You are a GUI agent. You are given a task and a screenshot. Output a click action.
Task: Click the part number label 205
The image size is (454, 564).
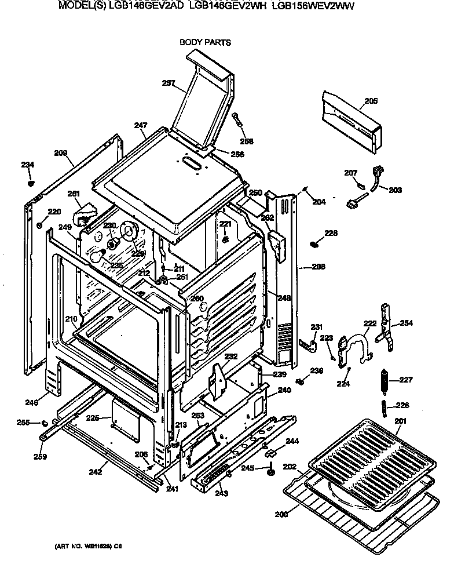[x=371, y=101]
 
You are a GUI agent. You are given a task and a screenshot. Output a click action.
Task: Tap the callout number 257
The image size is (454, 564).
[x=169, y=83]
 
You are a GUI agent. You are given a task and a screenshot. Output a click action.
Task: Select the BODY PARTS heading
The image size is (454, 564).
[x=205, y=42]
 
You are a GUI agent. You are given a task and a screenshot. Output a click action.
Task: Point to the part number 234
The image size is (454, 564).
[x=28, y=165]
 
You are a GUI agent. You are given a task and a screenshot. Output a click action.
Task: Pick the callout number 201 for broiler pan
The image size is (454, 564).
[x=401, y=421]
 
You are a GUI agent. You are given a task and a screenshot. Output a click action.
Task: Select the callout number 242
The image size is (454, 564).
[x=96, y=472]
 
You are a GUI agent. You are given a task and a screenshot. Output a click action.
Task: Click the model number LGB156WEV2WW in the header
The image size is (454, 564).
[x=313, y=6]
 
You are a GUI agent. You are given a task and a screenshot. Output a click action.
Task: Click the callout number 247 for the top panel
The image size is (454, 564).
[x=141, y=125]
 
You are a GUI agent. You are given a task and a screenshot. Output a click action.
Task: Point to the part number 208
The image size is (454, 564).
[x=318, y=267]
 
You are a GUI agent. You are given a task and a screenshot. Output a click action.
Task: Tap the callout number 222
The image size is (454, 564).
[x=369, y=324]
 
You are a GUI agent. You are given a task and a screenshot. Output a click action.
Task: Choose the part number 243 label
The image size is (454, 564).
[x=221, y=493]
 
